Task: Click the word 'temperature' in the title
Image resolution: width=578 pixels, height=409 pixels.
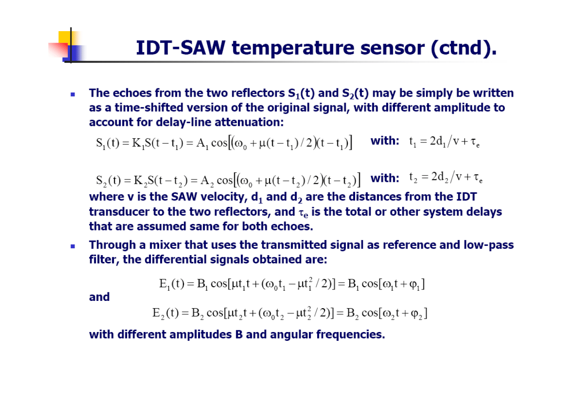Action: pos(293,49)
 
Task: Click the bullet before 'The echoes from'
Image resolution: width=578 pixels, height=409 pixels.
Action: pos(73,94)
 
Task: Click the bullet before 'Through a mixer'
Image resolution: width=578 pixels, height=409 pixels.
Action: pos(73,246)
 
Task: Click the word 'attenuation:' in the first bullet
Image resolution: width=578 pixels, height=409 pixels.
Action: pos(249,122)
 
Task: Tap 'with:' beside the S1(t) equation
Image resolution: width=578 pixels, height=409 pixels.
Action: pos(385,141)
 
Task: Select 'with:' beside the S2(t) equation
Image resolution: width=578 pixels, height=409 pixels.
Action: pos(385,178)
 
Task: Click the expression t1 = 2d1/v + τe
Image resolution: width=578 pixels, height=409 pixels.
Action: pos(444,142)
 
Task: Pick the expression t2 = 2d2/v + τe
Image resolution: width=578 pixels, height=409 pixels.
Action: pos(446,178)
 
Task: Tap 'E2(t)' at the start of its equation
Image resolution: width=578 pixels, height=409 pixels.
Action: pos(165,313)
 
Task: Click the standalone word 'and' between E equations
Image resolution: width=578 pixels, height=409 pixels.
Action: pos(99,297)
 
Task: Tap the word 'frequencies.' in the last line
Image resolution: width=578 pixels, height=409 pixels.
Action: pos(351,335)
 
